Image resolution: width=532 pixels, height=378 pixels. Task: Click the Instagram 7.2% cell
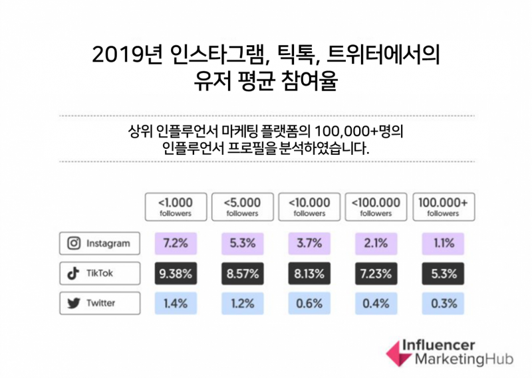pyautogui.click(x=174, y=243)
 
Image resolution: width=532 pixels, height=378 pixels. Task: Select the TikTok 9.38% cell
pyautogui.click(x=174, y=273)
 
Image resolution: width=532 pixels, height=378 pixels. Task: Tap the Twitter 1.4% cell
pyautogui.click(x=174, y=303)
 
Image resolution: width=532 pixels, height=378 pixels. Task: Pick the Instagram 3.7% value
pyautogui.click(x=309, y=243)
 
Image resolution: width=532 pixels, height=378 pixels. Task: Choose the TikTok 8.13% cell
pyautogui.click(x=309, y=273)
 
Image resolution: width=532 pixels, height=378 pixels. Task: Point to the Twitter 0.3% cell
pyautogui.click(x=444, y=303)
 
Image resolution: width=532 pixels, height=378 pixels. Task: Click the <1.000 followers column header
pyautogui.click(x=174, y=207)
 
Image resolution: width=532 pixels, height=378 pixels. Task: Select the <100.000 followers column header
pyautogui.click(x=376, y=207)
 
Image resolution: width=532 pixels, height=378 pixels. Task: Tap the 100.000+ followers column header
pyautogui.click(x=444, y=207)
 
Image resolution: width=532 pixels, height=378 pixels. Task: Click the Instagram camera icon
pyautogui.click(x=74, y=243)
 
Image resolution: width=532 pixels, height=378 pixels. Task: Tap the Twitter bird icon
pyautogui.click(x=74, y=303)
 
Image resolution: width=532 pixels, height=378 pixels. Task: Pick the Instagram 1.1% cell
pyautogui.click(x=444, y=243)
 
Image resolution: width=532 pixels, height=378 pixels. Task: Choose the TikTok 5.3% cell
pyautogui.click(x=444, y=273)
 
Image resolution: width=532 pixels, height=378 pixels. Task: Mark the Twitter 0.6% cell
pyautogui.click(x=309, y=303)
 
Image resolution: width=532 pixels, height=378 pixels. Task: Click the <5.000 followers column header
pyautogui.click(x=241, y=207)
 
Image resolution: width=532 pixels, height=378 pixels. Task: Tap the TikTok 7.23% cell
pyautogui.click(x=376, y=273)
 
